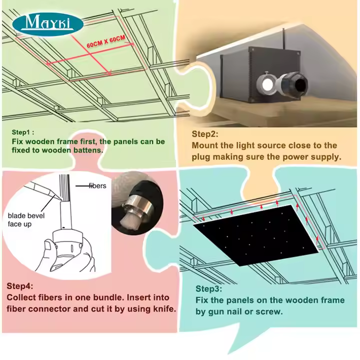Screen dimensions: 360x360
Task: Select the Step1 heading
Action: pyautogui.click(x=22, y=132)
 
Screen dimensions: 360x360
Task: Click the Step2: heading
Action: pyautogui.click(x=205, y=134)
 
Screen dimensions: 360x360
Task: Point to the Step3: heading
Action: pyautogui.click(x=209, y=289)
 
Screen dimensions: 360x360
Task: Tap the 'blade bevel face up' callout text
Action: pyautogui.click(x=26, y=219)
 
